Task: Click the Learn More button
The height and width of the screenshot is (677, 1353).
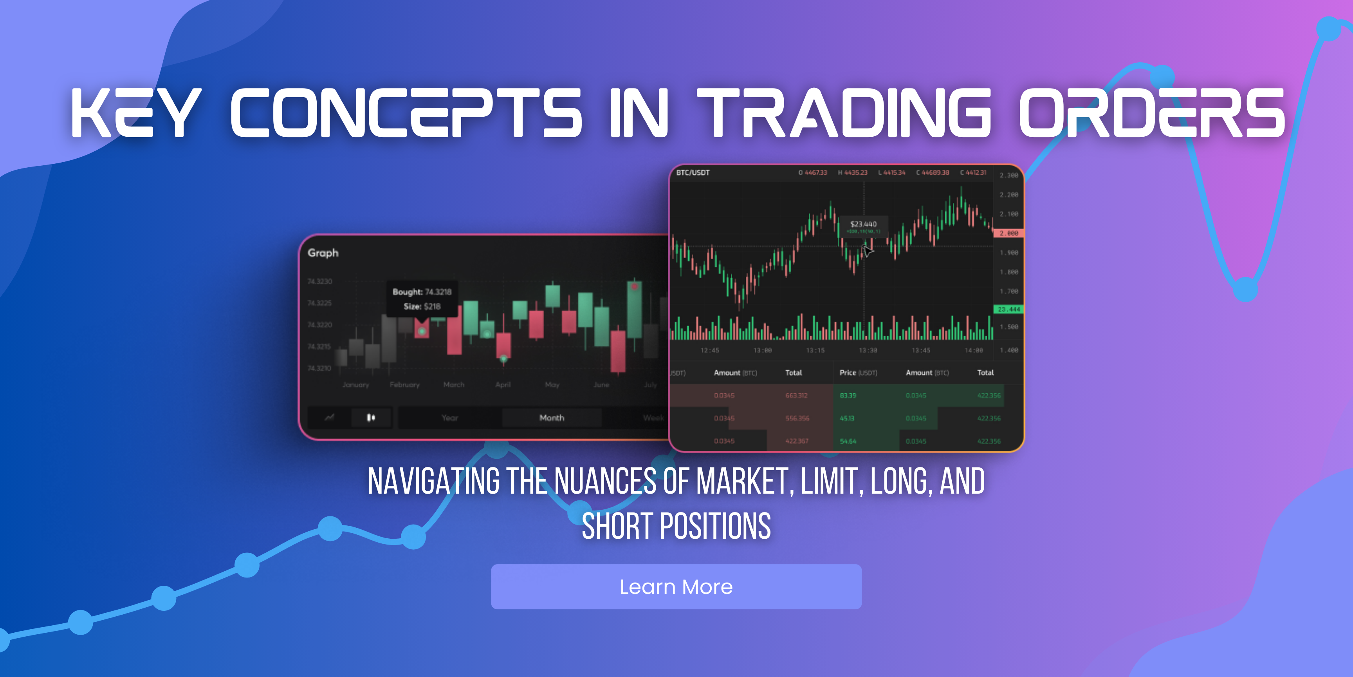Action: pos(676,586)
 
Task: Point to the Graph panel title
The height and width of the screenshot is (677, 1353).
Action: pos(323,253)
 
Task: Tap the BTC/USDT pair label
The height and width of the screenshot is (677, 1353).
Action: pos(693,173)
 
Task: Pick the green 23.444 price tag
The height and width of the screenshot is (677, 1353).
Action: pos(1008,310)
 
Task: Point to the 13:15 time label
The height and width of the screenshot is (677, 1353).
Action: pos(815,351)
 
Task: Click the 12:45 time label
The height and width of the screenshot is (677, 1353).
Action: pos(710,351)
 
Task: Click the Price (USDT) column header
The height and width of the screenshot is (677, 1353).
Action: pos(858,373)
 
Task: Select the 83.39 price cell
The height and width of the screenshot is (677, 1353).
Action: pos(848,396)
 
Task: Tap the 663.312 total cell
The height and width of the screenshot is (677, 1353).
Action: pos(796,396)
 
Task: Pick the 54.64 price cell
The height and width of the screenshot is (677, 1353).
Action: pos(848,442)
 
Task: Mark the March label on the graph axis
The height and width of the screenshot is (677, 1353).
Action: pos(454,385)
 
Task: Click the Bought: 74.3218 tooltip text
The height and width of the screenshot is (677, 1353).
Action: pos(422,292)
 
